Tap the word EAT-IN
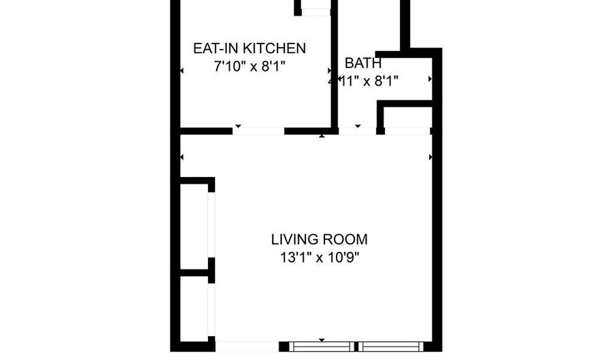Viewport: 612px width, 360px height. click(x=214, y=49)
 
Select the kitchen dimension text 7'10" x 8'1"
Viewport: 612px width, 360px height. click(x=249, y=67)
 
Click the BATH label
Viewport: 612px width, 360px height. click(x=363, y=63)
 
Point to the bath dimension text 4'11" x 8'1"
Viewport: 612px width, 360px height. click(x=363, y=80)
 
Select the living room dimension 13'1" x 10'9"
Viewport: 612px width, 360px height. click(x=319, y=258)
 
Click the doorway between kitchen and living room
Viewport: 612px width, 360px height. click(x=259, y=131)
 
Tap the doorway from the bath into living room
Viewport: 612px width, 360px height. click(x=358, y=131)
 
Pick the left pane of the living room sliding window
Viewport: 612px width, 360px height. click(x=321, y=346)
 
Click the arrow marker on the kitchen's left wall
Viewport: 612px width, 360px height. click(x=182, y=71)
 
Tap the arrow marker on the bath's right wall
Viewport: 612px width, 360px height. click(x=429, y=79)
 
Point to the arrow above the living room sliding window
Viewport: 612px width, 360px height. click(x=322, y=340)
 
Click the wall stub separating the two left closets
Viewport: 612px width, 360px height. click(x=196, y=272)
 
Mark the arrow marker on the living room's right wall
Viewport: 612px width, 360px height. click(x=430, y=157)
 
